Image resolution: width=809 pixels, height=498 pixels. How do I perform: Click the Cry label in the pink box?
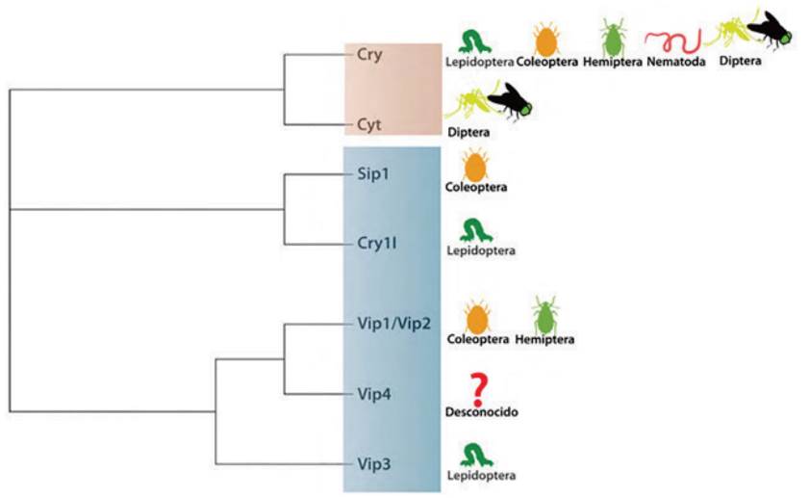coord(369,55)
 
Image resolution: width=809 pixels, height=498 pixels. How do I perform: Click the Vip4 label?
coord(373,393)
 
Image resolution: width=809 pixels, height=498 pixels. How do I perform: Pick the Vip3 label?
coord(373,464)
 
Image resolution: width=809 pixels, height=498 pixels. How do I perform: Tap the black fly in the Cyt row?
coord(512,103)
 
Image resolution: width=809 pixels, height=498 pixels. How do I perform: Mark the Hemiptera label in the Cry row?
coord(611,64)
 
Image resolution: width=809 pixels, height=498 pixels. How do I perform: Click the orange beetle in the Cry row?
coord(546,39)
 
